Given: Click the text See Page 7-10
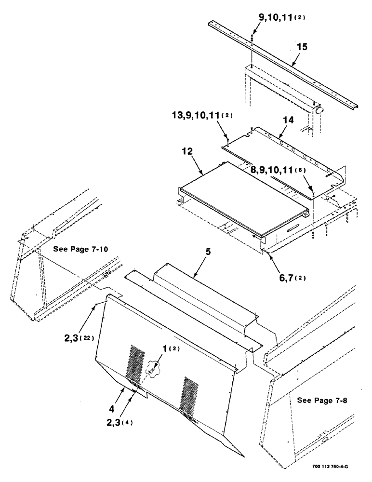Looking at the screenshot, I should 81,249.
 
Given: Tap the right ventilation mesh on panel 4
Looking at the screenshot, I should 189,395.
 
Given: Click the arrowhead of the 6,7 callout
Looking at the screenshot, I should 264,251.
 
